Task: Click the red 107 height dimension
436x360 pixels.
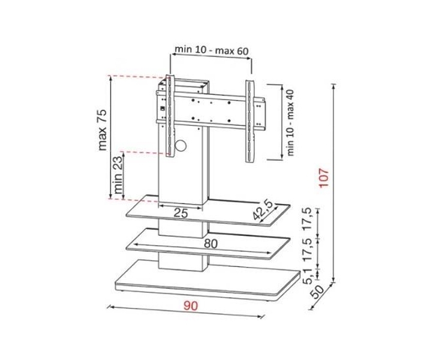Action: (324, 178)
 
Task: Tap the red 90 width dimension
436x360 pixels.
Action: (191, 306)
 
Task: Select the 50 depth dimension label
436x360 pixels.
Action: (317, 292)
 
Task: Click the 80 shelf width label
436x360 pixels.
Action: (211, 244)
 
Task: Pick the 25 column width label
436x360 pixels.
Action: (181, 214)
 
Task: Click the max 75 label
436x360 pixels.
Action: (103, 130)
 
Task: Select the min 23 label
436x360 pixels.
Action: (118, 175)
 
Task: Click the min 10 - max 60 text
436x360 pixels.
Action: (211, 50)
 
